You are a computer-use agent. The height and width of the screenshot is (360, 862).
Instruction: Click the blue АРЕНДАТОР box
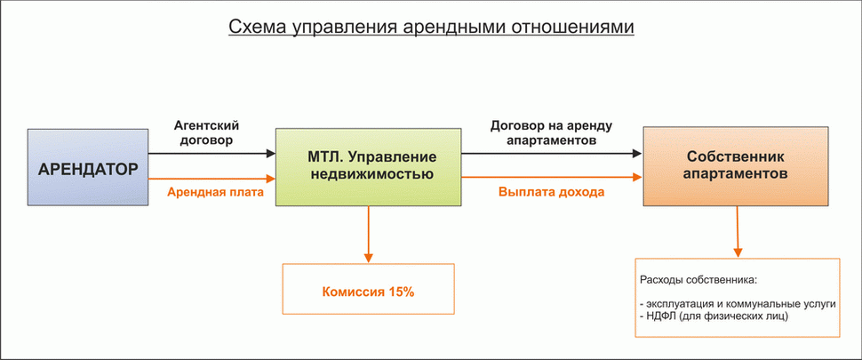(87, 167)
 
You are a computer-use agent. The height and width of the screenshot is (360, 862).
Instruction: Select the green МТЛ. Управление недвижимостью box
(369, 167)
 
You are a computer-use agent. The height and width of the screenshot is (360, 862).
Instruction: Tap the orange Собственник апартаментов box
(736, 167)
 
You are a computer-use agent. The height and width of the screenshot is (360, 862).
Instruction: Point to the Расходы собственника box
(737, 298)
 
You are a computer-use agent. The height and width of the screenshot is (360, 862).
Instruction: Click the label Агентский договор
(208, 133)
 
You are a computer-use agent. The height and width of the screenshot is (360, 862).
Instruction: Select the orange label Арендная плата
(211, 191)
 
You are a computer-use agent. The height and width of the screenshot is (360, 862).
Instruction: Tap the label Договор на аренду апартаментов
(551, 133)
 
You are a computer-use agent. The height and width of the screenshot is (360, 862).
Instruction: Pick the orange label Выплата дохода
(551, 191)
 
